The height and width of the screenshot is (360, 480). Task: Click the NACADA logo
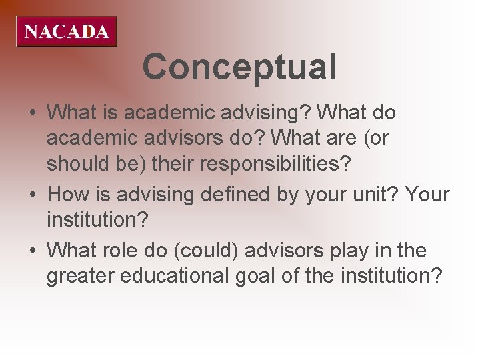67,31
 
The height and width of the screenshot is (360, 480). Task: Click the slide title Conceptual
239,67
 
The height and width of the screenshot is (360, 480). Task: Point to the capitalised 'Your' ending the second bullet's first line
427,195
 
